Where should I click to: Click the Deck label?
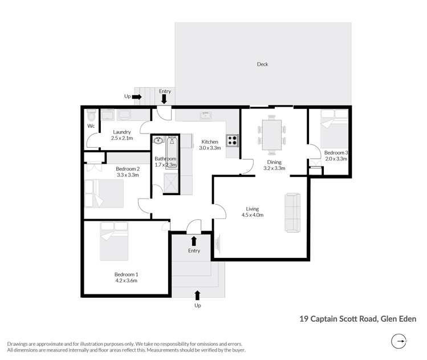tap(262, 64)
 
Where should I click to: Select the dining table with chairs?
tap(272, 135)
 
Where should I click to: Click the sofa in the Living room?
tap(292, 212)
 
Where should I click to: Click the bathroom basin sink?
tap(158, 140)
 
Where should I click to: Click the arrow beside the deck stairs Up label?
tap(137, 97)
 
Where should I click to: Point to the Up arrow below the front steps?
tap(197, 295)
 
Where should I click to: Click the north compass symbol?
tap(400, 342)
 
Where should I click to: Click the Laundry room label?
tap(121, 132)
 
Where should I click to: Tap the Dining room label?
tap(273, 162)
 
